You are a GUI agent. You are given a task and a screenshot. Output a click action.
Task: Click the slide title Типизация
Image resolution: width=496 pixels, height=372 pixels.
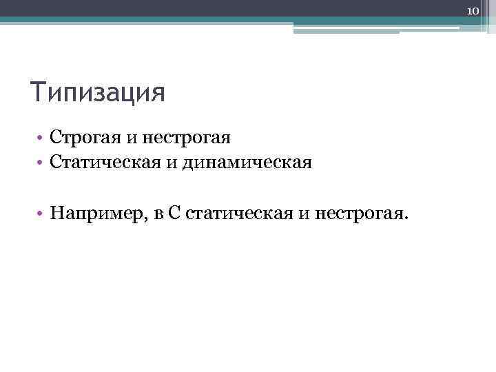click(x=98, y=92)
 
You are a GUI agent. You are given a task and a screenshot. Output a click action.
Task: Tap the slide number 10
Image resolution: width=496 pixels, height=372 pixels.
click(x=473, y=11)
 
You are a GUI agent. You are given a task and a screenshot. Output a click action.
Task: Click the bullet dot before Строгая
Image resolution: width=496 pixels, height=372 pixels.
click(x=41, y=138)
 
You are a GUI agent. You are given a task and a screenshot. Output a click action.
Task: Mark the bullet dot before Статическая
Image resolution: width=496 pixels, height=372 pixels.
click(x=41, y=164)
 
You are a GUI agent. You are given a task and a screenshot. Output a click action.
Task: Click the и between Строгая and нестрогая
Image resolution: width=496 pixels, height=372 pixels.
click(x=132, y=138)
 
